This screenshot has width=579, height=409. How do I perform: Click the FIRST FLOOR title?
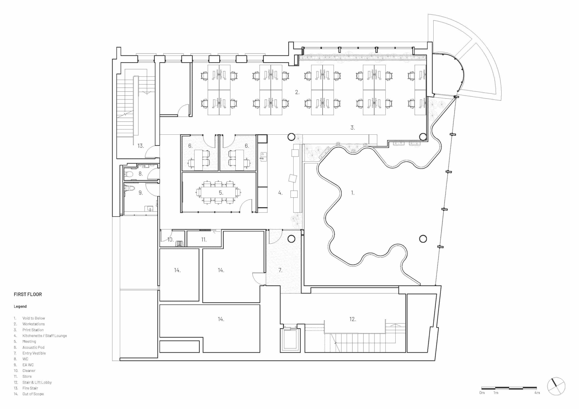(28, 294)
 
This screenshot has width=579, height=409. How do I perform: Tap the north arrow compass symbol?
(556, 386)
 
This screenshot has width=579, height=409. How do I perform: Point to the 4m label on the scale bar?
(537, 393)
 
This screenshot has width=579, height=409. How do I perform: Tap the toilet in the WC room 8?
(129, 174)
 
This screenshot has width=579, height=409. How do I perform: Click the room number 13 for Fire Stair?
(140, 146)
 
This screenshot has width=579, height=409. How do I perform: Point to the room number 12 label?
(353, 319)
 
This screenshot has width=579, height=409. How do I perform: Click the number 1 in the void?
(353, 193)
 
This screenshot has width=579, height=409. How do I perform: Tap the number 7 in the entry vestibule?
(280, 270)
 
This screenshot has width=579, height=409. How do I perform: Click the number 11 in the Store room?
(204, 240)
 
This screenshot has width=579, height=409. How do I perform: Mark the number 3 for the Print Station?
(353, 128)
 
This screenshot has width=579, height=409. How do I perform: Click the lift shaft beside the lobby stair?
(290, 339)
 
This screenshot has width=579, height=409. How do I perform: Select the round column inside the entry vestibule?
(291, 239)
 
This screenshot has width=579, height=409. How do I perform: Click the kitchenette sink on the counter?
(264, 156)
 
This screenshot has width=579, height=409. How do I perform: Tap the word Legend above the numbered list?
(20, 306)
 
